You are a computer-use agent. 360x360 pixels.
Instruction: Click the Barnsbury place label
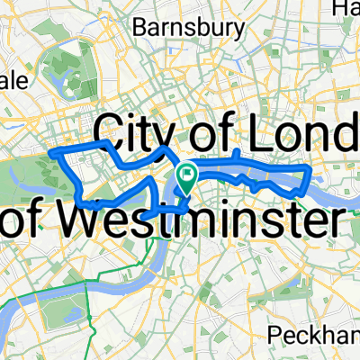[x=188, y=28]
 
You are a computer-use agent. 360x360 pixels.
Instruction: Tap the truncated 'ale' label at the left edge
[x=13, y=81]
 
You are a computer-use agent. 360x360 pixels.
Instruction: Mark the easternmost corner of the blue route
[x=310, y=167]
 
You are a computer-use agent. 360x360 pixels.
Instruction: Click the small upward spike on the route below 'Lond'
[x=237, y=154]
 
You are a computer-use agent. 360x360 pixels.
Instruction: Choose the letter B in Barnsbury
[x=139, y=28]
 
